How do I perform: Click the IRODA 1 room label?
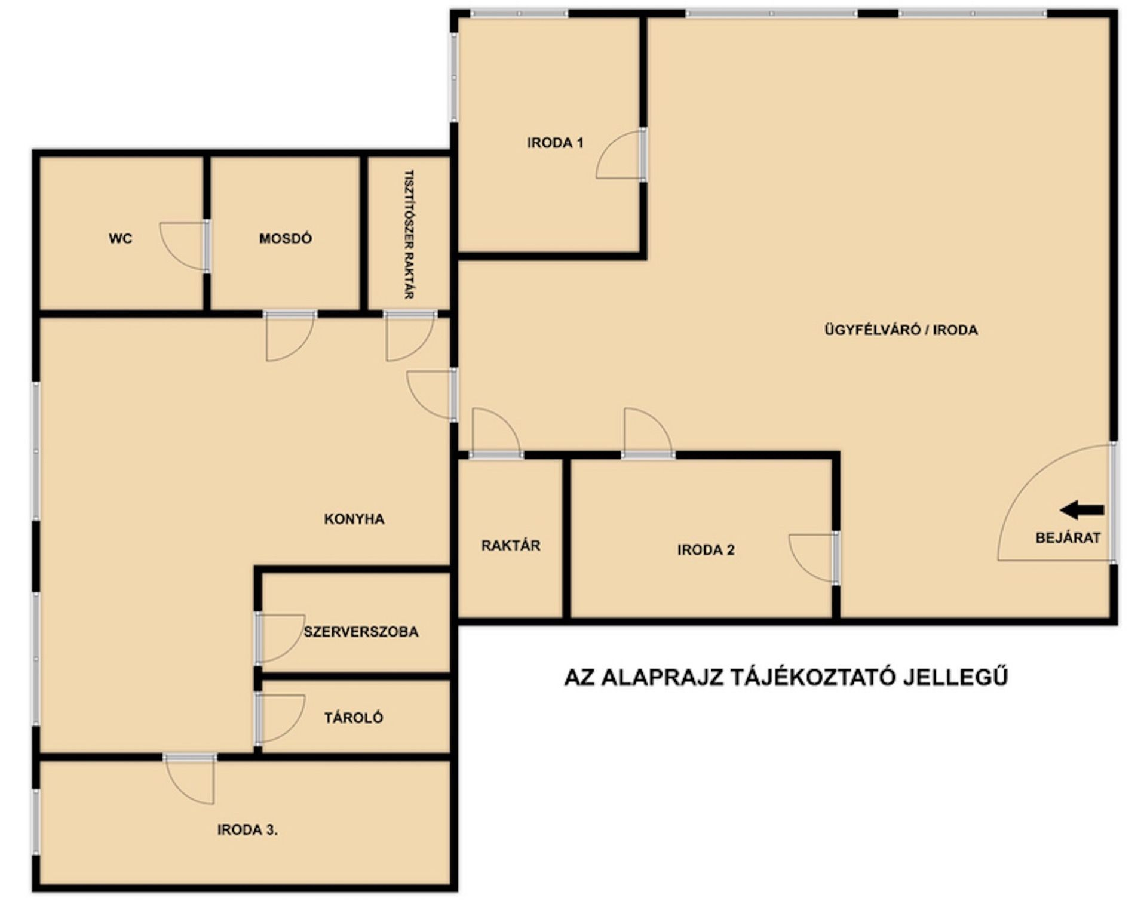[555, 143]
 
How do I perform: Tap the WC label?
[121, 239]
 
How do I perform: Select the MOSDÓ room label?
[286, 239]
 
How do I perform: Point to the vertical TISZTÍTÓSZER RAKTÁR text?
[409, 235]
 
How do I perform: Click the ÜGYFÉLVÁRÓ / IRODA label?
[901, 330]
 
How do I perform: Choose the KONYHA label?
[354, 519]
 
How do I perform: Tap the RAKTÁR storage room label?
[511, 545]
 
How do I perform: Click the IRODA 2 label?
[706, 550]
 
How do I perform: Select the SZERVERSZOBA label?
[361, 632]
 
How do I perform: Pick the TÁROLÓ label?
[354, 718]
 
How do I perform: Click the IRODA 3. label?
[247, 830]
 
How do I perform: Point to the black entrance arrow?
[1082, 510]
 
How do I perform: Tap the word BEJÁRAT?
[1068, 537]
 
